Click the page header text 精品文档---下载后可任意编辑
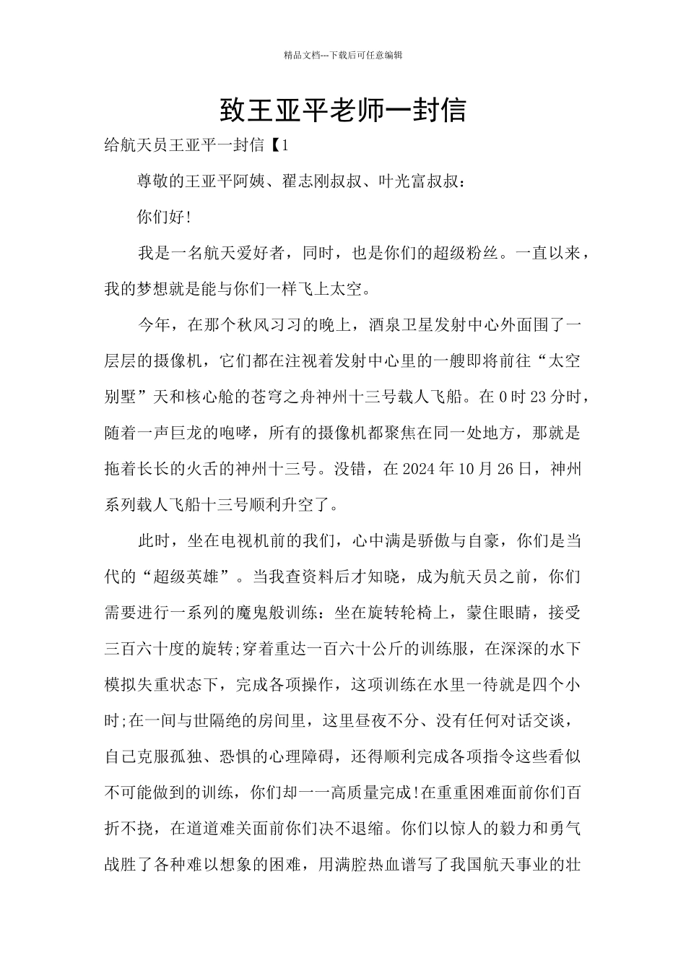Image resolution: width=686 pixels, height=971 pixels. coord(343,55)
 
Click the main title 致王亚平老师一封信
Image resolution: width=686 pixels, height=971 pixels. coord(343,111)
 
